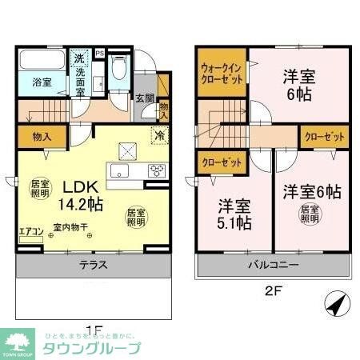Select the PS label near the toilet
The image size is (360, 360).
tap(99, 54)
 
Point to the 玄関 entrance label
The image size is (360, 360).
tap(143, 98)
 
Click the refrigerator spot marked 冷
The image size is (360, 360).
tap(160, 135)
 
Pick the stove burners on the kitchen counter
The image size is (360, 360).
tap(157, 169)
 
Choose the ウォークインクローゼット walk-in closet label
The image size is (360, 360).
tap(222, 74)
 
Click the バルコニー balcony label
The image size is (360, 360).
tap(271, 264)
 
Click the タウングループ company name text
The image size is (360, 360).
tap(94, 349)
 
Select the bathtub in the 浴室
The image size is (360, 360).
tap(43, 62)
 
